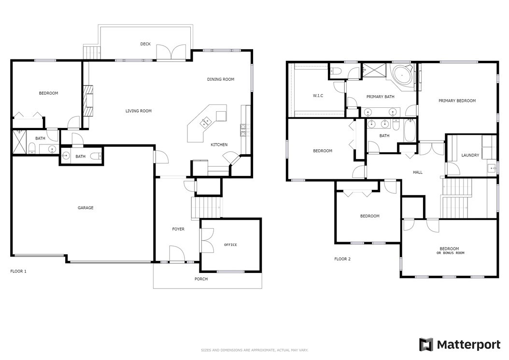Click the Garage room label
(85, 208)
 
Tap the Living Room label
(139, 111)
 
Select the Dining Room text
(221, 79)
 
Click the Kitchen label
(219, 144)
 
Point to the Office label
(230, 245)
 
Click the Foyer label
(178, 229)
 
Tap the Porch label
(201, 279)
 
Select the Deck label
(145, 44)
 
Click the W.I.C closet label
(318, 96)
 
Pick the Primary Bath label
(381, 97)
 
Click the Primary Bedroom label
(457, 101)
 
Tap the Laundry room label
(470, 155)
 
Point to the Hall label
(418, 172)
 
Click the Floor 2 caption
(342, 259)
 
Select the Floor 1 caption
(18, 271)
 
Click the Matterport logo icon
(426, 345)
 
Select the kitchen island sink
(206, 122)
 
